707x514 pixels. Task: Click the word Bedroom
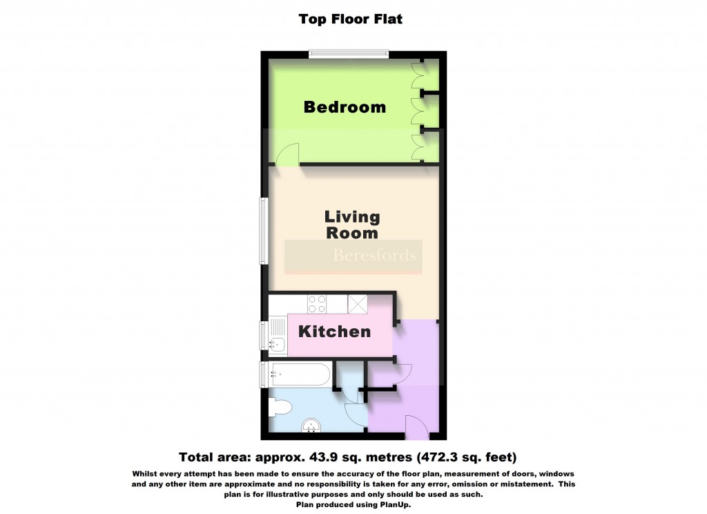[x=345, y=107]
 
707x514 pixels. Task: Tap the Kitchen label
[x=334, y=332]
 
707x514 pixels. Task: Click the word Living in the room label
[x=352, y=217]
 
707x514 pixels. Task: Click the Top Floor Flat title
[x=350, y=19]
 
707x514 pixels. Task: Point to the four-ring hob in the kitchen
[x=316, y=303]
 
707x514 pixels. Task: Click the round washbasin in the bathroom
[x=311, y=427]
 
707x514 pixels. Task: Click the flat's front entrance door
[x=416, y=427]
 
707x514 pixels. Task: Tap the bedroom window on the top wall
[x=348, y=53]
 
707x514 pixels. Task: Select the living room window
[x=263, y=231]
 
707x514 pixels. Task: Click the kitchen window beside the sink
[x=263, y=336]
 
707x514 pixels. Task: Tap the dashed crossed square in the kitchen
[x=358, y=303]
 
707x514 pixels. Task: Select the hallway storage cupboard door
[x=401, y=372]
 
